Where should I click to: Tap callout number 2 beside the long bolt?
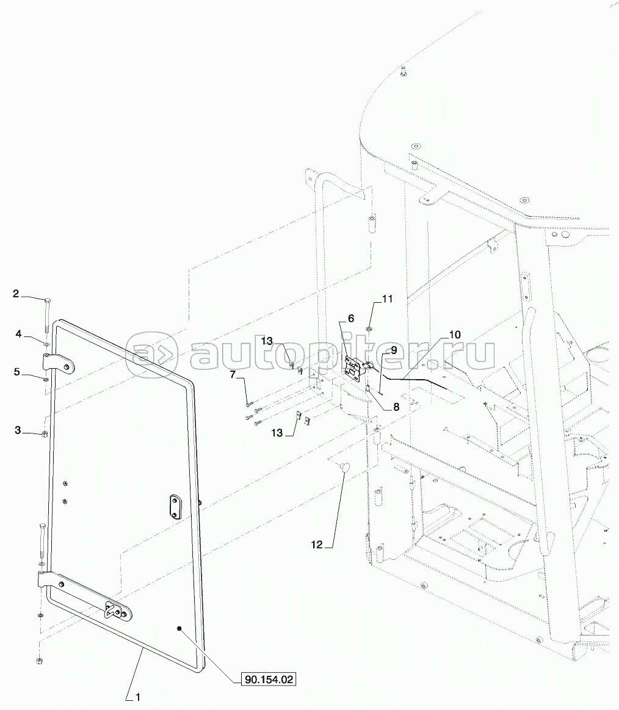(x=16, y=294)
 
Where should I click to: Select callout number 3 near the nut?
(x=18, y=431)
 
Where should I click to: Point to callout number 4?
(x=18, y=334)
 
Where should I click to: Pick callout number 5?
(x=18, y=371)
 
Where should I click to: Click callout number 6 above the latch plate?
(x=351, y=318)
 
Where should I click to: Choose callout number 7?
(x=233, y=374)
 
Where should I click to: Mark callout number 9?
(x=394, y=350)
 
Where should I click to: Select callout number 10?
(x=455, y=335)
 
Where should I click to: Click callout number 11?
(x=388, y=299)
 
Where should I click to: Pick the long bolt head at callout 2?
(x=47, y=300)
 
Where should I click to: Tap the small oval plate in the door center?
(x=176, y=507)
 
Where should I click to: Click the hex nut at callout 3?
(x=45, y=434)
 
